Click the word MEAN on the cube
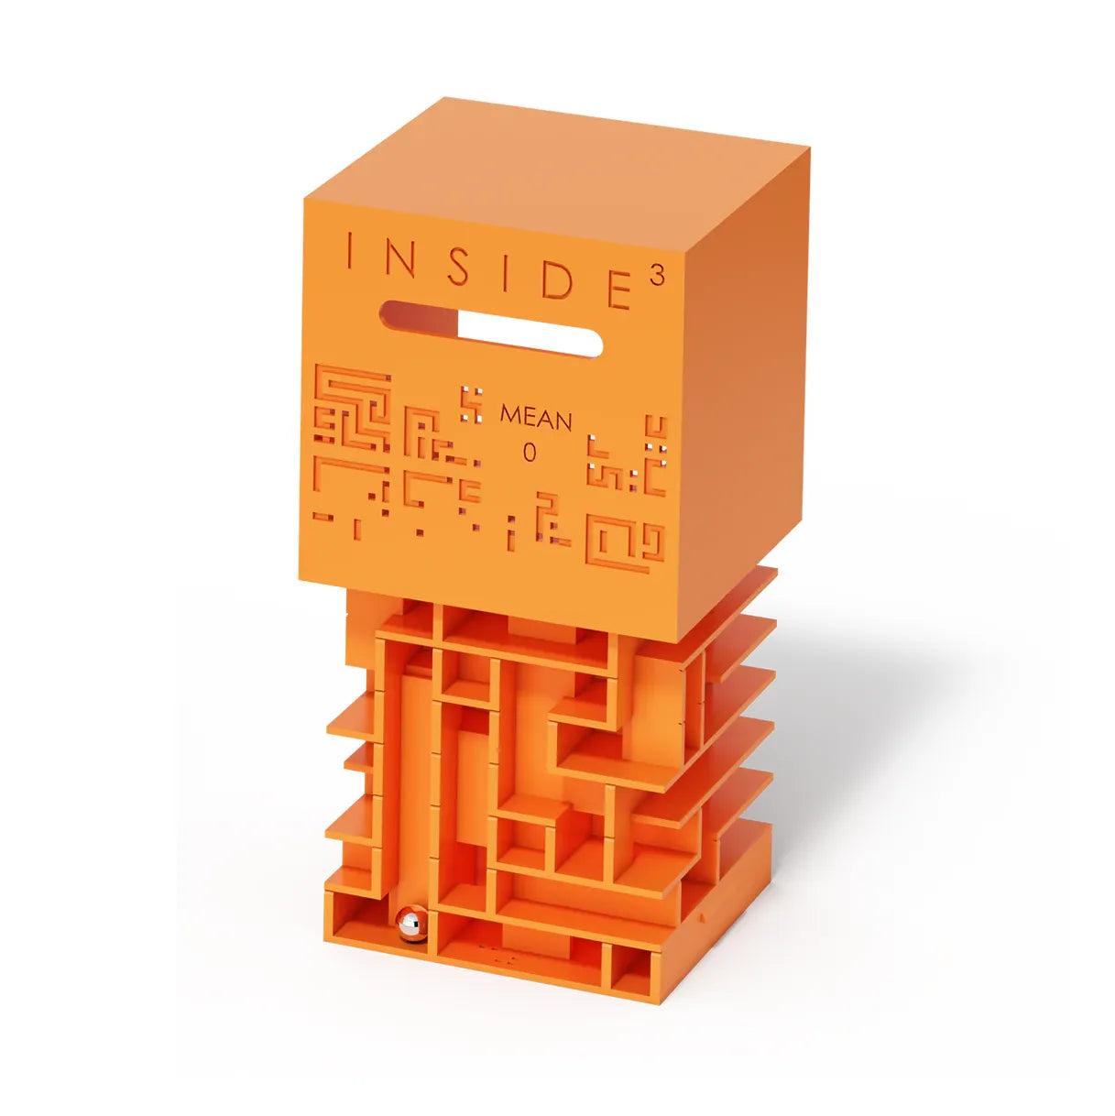(x=535, y=418)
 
